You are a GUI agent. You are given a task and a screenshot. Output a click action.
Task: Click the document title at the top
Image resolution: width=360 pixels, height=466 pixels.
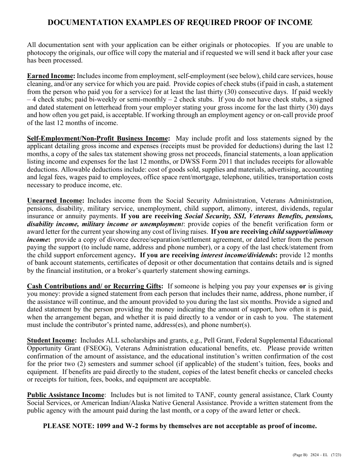180,23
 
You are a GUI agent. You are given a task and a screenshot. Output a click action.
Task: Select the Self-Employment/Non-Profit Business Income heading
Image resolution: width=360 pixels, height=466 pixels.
97,139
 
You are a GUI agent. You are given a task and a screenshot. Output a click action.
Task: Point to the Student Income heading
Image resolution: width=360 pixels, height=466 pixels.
52,341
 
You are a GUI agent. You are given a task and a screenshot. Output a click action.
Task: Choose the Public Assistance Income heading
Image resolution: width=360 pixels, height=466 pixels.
66,395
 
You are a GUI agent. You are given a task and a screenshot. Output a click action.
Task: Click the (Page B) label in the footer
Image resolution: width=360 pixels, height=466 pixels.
300,455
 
